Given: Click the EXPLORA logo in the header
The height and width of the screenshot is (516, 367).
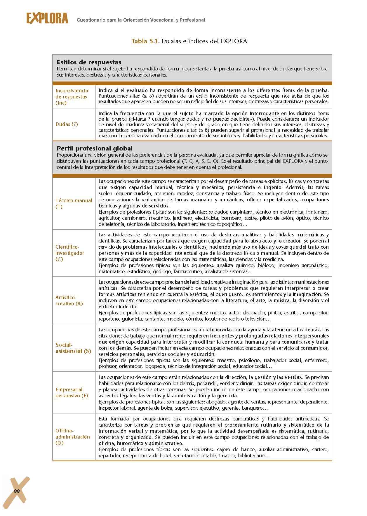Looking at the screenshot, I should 47,18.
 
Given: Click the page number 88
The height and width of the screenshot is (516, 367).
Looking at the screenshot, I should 17,491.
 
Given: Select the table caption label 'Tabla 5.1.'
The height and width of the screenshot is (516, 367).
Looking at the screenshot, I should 145,41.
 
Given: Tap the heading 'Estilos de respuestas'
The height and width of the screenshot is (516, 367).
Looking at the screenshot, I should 89,62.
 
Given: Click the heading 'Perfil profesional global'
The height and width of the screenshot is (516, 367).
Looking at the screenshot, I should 95,148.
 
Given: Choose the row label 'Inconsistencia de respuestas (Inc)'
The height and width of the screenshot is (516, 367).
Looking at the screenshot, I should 72,97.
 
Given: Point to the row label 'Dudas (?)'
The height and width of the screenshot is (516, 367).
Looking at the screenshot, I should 67,124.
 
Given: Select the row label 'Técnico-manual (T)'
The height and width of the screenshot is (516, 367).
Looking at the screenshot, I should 74,203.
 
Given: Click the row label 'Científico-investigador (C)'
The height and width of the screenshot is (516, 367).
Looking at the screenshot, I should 70,253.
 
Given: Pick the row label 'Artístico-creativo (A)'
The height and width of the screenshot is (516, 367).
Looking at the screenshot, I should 69,300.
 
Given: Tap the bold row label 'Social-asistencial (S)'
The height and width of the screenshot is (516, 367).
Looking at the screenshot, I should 73,348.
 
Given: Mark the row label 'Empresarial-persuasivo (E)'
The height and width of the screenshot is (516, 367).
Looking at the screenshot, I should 72,392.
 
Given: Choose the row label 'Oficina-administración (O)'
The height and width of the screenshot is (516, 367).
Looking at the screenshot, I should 73,437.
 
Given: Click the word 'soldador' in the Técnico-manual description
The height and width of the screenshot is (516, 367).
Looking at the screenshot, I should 218,212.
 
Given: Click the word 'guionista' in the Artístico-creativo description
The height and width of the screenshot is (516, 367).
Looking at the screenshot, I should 132,319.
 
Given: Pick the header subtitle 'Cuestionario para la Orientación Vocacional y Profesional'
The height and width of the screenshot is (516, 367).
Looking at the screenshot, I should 141,20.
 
